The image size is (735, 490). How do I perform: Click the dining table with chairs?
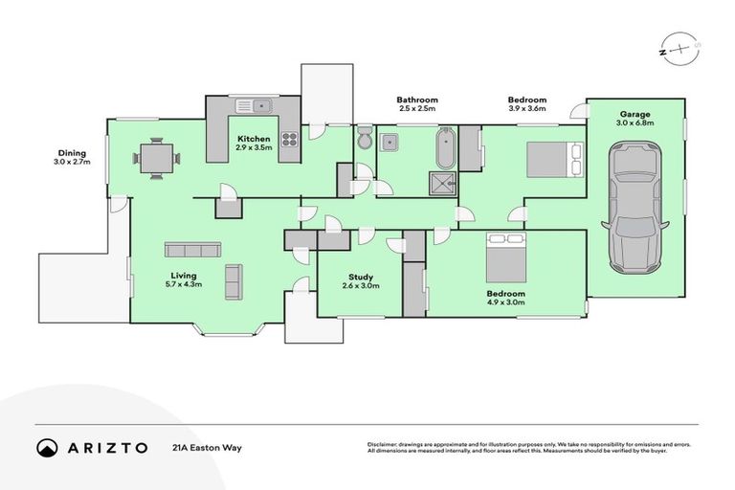(x=155, y=158)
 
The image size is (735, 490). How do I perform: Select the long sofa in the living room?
(x=192, y=250)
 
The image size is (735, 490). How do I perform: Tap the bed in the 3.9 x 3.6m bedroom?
(x=552, y=157)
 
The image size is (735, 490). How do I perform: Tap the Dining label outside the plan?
(x=72, y=153)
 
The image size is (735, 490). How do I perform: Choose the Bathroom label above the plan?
(x=417, y=100)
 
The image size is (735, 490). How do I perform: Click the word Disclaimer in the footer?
(x=383, y=445)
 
